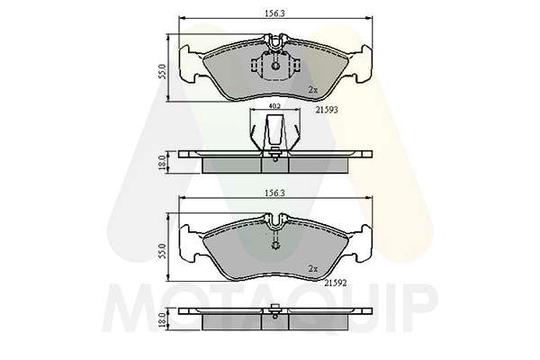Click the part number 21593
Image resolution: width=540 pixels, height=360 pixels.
327,110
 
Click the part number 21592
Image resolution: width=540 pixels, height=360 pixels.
336,283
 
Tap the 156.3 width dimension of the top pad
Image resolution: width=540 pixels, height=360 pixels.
274,13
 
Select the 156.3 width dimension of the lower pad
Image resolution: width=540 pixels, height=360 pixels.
274,193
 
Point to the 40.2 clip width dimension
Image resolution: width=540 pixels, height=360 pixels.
274,106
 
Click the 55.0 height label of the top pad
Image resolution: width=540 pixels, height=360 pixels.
163,71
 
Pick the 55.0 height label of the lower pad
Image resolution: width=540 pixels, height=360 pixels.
163,251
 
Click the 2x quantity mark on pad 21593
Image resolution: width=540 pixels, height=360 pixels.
313,90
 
